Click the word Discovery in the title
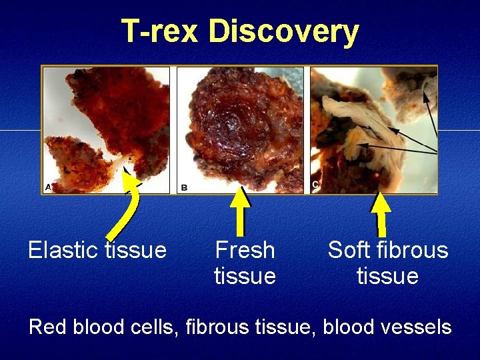tap(283, 31)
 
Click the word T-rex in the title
tap(160, 31)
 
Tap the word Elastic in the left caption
tap(63, 250)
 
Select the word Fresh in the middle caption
tap(245, 250)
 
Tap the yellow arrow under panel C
tap(381, 213)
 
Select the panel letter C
tap(315, 183)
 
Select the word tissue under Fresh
tap(245, 275)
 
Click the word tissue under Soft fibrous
tap(387, 275)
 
